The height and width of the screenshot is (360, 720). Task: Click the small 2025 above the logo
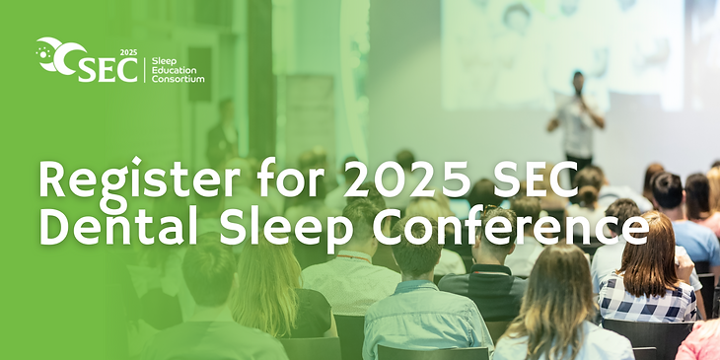[127, 48]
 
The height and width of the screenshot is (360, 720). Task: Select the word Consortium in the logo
[179, 79]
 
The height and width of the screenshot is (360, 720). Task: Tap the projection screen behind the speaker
[552, 49]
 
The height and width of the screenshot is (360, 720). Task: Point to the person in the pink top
[702, 340]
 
